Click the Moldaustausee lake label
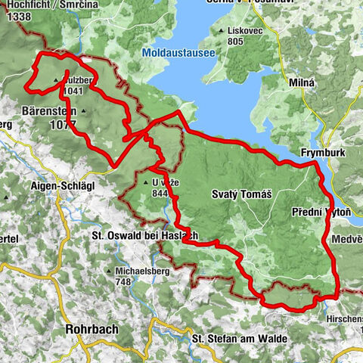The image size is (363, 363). point(177,52)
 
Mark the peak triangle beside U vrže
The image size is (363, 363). point(145,182)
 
